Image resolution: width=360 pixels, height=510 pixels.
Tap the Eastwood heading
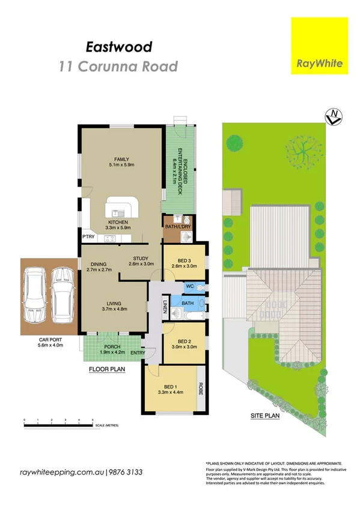pos(118,46)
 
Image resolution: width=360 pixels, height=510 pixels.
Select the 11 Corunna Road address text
pos(118,66)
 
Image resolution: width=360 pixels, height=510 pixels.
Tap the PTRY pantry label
pos(89,237)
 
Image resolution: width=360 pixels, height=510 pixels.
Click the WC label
pos(189,287)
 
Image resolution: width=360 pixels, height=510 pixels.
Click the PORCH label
pos(112,346)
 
